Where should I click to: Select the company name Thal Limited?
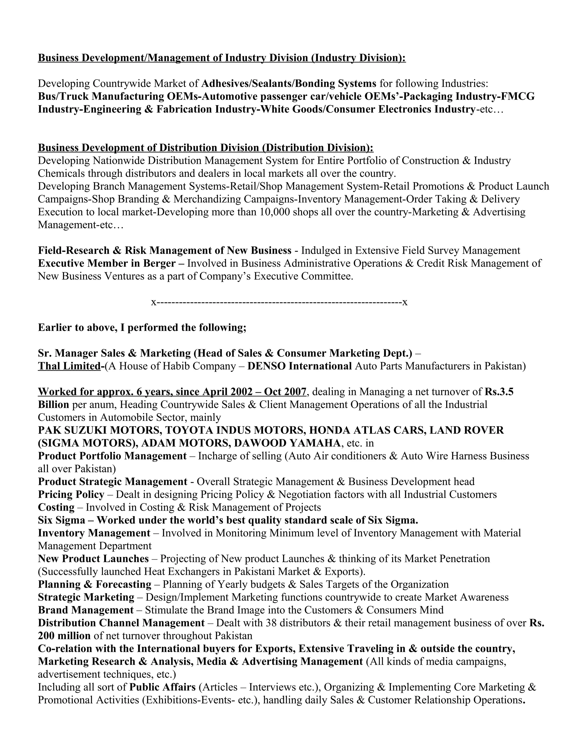(x=69, y=366)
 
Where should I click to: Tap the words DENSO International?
(x=299, y=366)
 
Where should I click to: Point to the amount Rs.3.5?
(x=499, y=392)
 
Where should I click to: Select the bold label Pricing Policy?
(x=71, y=494)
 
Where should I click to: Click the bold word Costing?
(x=56, y=507)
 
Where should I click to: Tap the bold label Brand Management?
(x=86, y=610)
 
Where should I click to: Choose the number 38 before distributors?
(x=271, y=623)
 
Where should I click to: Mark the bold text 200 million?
(x=64, y=636)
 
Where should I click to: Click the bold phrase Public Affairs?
(x=163, y=687)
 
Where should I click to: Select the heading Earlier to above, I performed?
(x=142, y=328)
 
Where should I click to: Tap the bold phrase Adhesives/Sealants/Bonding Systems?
(x=289, y=83)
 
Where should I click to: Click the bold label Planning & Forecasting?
(x=95, y=585)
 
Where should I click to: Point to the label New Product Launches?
(x=93, y=559)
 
